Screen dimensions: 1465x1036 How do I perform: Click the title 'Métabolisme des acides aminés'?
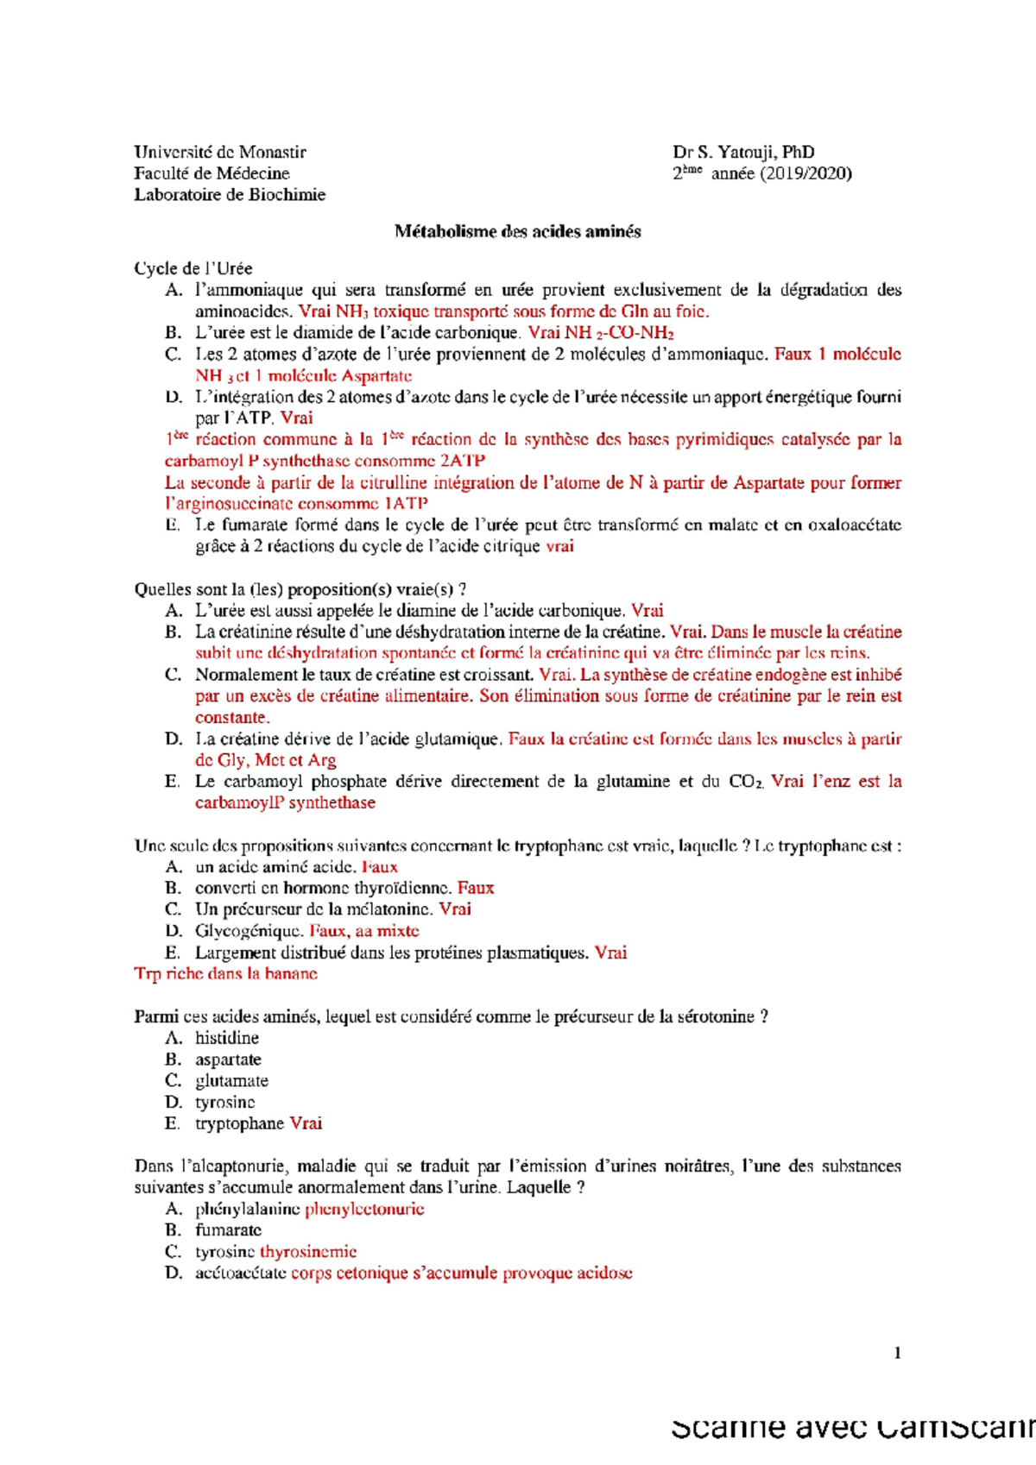(x=517, y=231)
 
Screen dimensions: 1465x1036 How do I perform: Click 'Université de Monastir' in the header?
(x=220, y=152)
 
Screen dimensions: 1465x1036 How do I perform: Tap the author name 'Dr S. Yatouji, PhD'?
(x=743, y=152)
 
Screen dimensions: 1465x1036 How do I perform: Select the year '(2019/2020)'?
(x=805, y=173)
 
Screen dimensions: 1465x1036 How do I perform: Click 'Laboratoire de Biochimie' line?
(x=230, y=195)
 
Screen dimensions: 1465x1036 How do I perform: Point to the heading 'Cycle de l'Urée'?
(x=193, y=268)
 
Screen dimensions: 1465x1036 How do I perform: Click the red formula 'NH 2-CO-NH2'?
(x=619, y=333)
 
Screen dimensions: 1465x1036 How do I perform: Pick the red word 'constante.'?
(x=232, y=718)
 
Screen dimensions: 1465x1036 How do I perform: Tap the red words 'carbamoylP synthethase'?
(x=285, y=803)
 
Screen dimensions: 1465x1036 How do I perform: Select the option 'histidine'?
(x=226, y=1038)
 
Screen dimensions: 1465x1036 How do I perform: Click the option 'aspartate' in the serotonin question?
(x=228, y=1059)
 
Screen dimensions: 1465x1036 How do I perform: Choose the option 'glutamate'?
(x=231, y=1081)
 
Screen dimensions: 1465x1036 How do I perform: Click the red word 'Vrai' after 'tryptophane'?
(x=306, y=1123)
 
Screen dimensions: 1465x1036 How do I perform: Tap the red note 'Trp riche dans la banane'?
(x=225, y=974)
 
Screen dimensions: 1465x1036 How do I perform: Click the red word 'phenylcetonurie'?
(x=364, y=1210)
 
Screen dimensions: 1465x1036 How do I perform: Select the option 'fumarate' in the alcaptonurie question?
(x=228, y=1230)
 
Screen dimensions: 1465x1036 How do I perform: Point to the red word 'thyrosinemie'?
(x=308, y=1252)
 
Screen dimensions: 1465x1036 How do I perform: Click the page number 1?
(x=897, y=1353)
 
